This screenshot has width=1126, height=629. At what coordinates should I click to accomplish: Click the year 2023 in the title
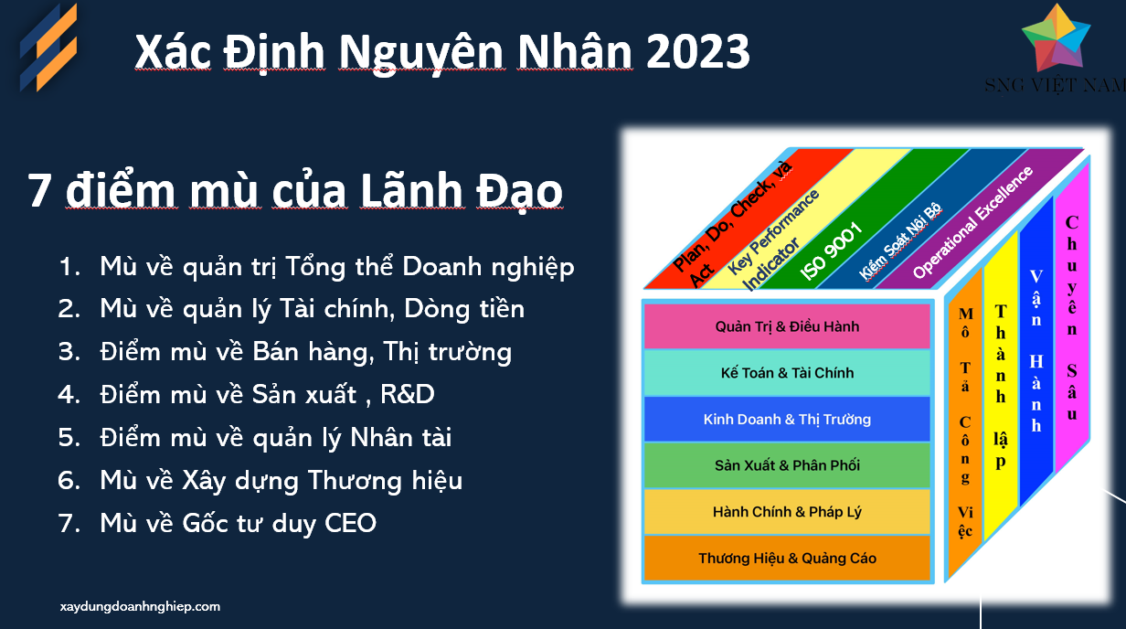pyautogui.click(x=697, y=52)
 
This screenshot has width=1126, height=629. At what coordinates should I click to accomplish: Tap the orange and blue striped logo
pyautogui.click(x=48, y=48)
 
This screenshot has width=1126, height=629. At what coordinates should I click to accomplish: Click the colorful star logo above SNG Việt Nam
pyautogui.click(x=1056, y=38)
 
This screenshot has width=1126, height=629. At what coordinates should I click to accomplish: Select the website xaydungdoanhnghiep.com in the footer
pyautogui.click(x=140, y=606)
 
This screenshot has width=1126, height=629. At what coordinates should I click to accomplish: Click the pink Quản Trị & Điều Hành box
pyautogui.click(x=787, y=326)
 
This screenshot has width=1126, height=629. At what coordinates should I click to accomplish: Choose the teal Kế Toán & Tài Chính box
pyautogui.click(x=787, y=373)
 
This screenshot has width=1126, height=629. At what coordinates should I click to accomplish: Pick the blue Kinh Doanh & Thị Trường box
pyautogui.click(x=787, y=419)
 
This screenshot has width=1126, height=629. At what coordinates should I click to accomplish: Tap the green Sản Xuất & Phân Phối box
pyautogui.click(x=787, y=465)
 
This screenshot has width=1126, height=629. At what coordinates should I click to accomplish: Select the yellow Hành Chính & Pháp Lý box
pyautogui.click(x=787, y=511)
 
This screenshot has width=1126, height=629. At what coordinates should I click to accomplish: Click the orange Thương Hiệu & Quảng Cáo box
pyautogui.click(x=787, y=558)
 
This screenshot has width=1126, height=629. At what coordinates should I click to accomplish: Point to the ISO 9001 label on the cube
pyautogui.click(x=832, y=251)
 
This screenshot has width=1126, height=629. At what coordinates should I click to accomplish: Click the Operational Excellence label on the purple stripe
pyautogui.click(x=972, y=222)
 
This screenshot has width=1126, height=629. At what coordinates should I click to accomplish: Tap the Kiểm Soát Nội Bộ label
pyautogui.click(x=899, y=240)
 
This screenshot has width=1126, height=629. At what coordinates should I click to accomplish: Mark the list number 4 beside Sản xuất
pyautogui.click(x=69, y=395)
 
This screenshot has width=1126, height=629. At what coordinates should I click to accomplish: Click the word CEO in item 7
pyautogui.click(x=350, y=523)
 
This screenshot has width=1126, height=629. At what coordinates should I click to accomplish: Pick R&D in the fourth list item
pyautogui.click(x=408, y=394)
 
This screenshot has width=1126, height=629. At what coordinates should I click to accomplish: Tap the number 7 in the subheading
pyautogui.click(x=39, y=190)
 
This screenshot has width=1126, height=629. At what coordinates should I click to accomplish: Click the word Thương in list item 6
pyautogui.click(x=355, y=481)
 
